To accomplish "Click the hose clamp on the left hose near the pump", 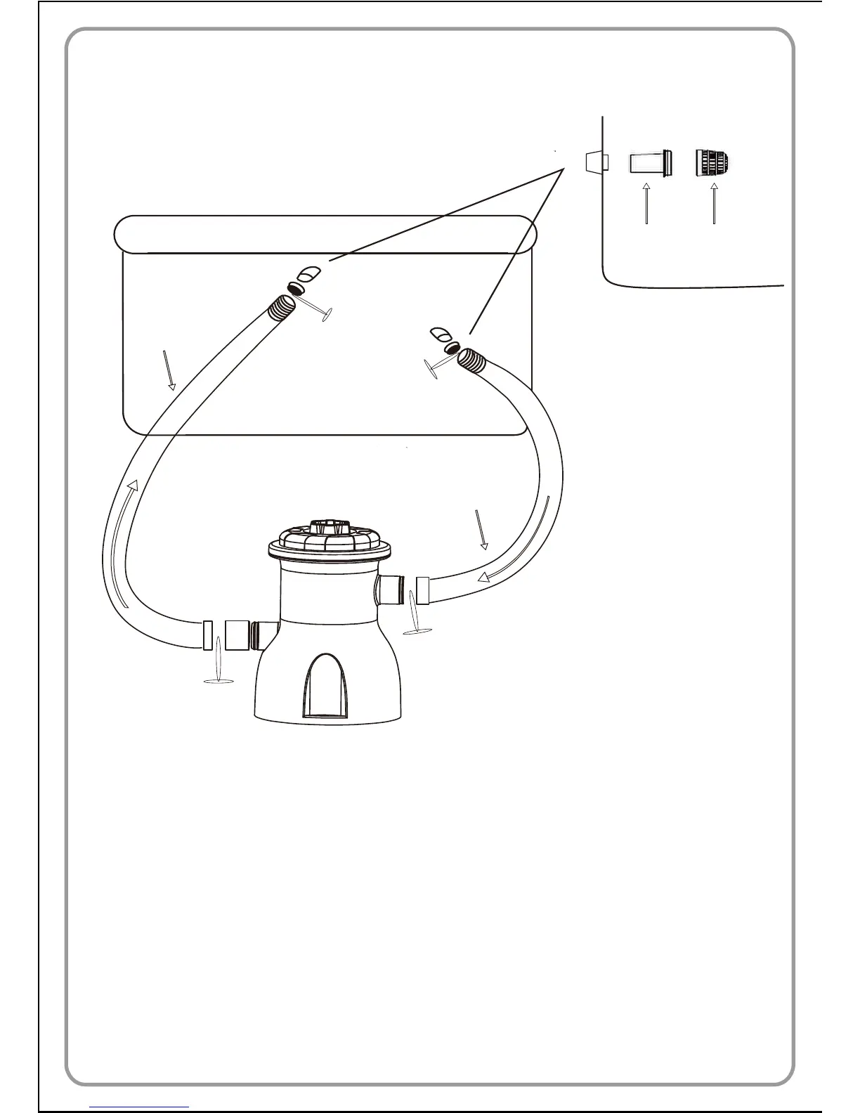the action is click(207, 635).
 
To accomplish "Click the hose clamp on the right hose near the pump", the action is click(422, 590).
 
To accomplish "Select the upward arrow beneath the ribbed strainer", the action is click(714, 204).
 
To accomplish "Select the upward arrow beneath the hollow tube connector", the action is click(646, 204).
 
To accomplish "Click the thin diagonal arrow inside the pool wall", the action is click(169, 370).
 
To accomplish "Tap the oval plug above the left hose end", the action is click(308, 274).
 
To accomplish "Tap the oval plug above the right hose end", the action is click(441, 333).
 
